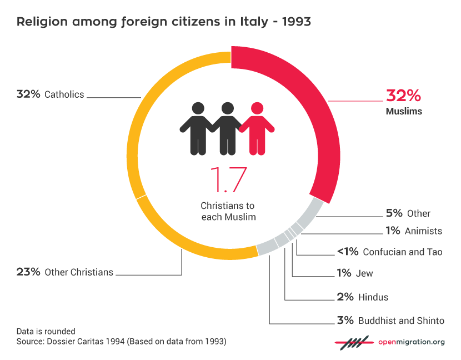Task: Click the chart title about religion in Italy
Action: [163, 22]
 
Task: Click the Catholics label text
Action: [64, 94]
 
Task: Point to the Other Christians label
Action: [78, 272]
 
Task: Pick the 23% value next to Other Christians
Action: [28, 272]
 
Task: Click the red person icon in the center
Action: [256, 127]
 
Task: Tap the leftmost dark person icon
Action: [196, 127]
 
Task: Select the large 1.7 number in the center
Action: [228, 181]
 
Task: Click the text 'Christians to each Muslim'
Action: [228, 211]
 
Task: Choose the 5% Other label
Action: [408, 213]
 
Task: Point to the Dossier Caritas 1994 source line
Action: [121, 342]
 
